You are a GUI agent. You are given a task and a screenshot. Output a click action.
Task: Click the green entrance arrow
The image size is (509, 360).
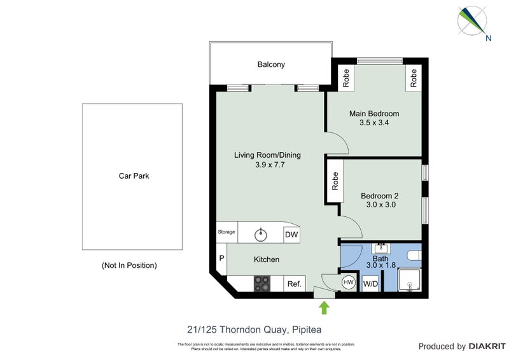tap(324, 308)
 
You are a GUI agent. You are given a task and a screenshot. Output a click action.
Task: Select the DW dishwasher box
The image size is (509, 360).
tap(291, 234)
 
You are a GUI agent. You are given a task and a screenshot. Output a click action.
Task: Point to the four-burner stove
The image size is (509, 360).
tap(262, 283)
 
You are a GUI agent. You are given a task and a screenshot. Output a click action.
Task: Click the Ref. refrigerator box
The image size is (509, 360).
tap(294, 284)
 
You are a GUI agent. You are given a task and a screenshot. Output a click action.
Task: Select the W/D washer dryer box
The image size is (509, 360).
tap(370, 283)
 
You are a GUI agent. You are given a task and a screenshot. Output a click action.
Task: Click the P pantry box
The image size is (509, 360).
tap(221, 259)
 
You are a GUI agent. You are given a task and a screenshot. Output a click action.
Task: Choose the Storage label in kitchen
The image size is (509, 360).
tap(227, 232)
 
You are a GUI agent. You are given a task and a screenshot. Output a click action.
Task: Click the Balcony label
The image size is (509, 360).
tap(271, 64)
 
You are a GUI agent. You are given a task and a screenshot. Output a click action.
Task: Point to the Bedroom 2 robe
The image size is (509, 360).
tap(335, 182)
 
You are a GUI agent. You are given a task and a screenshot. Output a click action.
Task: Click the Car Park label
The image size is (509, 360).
tap(134, 176)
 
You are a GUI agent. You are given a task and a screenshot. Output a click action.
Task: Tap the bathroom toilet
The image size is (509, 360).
tap(414, 256)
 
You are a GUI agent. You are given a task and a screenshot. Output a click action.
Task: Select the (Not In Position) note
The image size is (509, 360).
tap(129, 265)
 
